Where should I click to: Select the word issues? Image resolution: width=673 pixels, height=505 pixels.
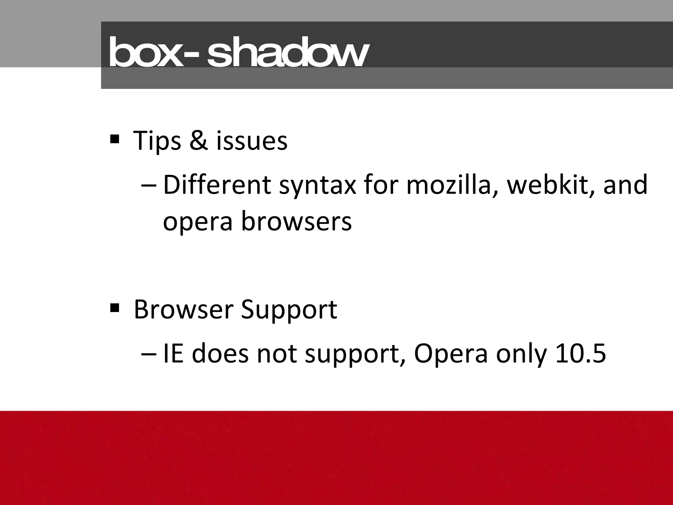pos(252,141)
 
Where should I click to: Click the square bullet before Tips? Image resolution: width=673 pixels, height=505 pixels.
pos(115,139)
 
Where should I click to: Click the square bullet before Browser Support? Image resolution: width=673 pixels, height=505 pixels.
pos(115,308)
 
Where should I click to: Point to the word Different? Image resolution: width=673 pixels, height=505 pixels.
pos(217,185)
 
